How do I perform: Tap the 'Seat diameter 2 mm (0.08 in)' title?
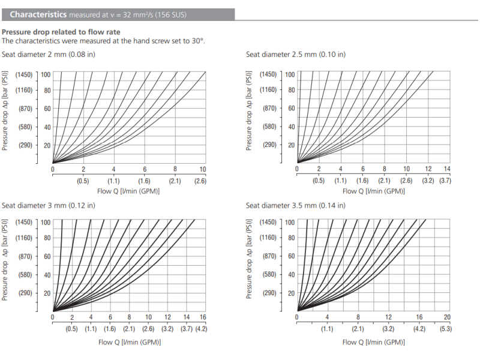click(49, 55)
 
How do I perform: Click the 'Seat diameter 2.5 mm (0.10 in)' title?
click(295, 55)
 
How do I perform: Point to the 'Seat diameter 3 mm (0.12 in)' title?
click(48, 205)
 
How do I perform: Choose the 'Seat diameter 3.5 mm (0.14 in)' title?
click(295, 205)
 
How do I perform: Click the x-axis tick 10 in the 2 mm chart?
click(203, 170)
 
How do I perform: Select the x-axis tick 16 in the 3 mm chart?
click(203, 317)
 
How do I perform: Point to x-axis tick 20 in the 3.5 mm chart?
click(446, 317)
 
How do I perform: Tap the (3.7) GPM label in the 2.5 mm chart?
click(445, 181)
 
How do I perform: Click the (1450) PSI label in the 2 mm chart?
click(25, 74)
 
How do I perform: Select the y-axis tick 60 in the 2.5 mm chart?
click(292, 109)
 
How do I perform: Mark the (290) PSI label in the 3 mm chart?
click(25, 293)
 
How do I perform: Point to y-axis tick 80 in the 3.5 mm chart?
click(292, 238)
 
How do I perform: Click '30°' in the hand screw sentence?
click(197, 41)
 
